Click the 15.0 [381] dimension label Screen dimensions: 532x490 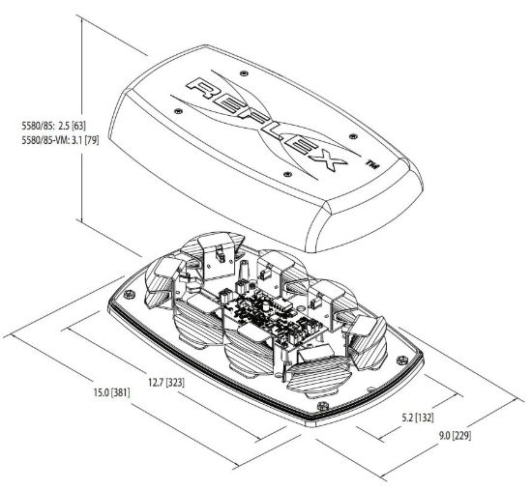(111, 392)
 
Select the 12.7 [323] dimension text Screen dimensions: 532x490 (166, 383)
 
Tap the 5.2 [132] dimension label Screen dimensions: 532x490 (418, 418)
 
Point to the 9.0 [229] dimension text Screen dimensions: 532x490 (455, 436)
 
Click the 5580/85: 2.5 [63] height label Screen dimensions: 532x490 (54, 126)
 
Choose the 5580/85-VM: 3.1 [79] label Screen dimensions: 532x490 (60, 140)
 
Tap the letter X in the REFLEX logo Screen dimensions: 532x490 (325, 159)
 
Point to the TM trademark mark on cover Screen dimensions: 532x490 (371, 164)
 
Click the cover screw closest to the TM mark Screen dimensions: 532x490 (353, 136)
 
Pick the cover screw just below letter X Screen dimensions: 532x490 (287, 174)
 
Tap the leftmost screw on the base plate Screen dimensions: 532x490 (129, 295)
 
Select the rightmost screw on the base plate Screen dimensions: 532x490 (401, 360)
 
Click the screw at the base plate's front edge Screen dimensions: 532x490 (322, 405)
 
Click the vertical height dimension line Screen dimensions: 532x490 (81, 119)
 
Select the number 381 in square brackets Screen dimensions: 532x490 (121, 393)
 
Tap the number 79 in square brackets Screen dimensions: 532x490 (92, 140)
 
